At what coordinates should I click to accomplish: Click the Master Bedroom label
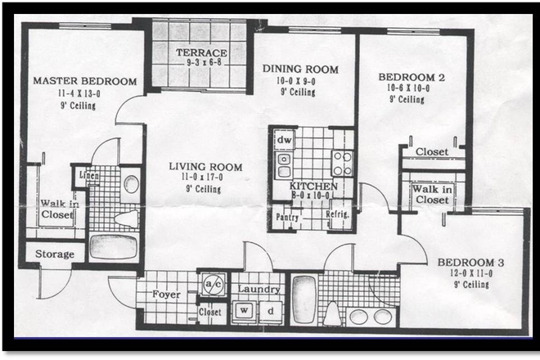[x=84, y=81]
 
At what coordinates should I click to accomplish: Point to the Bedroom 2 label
[x=411, y=77]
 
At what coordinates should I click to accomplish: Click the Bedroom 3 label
[x=470, y=263]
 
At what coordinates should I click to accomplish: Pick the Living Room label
[x=205, y=167]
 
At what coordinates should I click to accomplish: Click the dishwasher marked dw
[x=284, y=140]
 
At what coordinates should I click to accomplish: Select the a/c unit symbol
[x=213, y=284]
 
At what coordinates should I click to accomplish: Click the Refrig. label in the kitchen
[x=336, y=214]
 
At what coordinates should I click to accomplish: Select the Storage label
[x=55, y=254]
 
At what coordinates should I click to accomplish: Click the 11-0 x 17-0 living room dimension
[x=205, y=178]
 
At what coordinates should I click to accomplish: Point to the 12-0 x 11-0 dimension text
[x=470, y=274]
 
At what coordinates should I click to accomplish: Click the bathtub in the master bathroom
[x=113, y=246]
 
